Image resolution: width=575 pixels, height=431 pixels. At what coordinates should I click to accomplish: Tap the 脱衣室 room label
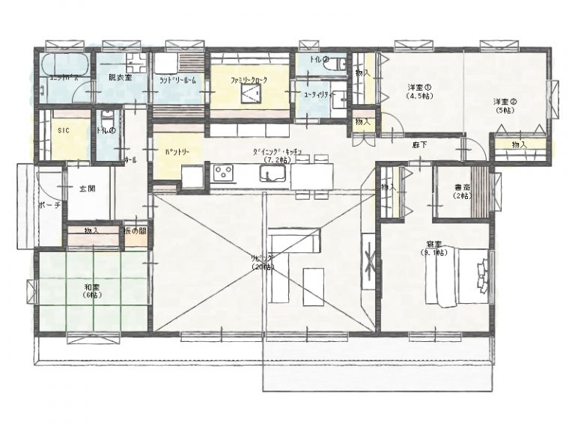point(120,77)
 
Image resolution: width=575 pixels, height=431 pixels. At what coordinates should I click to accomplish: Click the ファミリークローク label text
point(249,78)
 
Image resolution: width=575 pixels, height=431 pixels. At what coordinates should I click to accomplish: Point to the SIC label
point(64,129)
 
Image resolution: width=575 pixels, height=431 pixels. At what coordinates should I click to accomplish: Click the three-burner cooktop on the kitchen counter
point(224,174)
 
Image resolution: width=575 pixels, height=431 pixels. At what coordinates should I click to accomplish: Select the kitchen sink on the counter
point(271,174)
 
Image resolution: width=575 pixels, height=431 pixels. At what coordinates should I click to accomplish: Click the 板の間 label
point(135,230)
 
